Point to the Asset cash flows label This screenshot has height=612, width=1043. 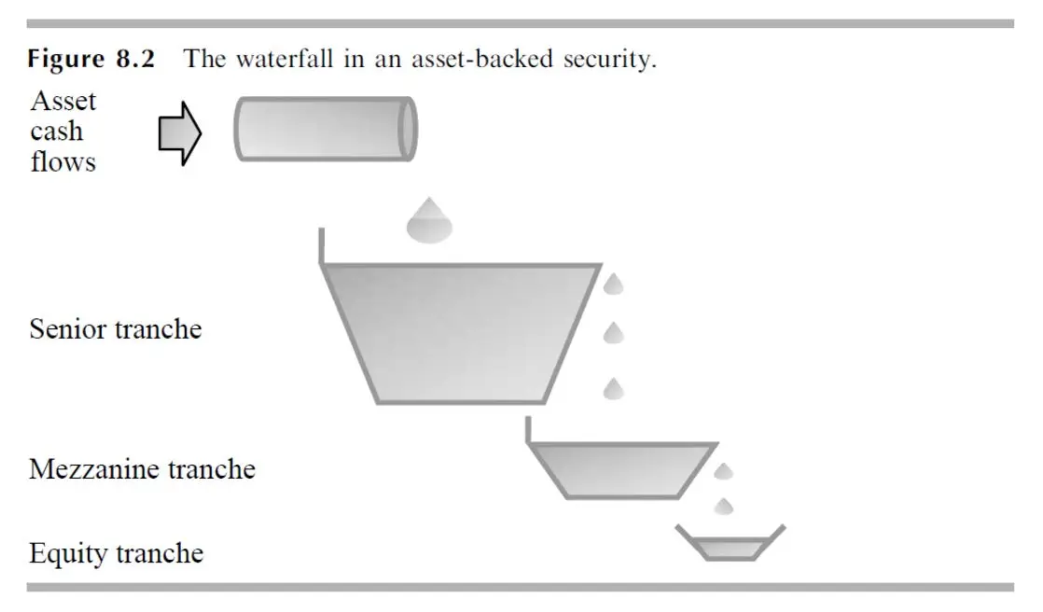tap(63, 131)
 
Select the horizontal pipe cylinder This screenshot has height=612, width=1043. tap(325, 129)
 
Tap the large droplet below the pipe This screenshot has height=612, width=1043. tap(429, 221)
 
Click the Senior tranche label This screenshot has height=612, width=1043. tap(115, 329)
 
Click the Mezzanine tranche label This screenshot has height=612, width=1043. tap(142, 468)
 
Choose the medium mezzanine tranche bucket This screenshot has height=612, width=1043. tap(621, 469)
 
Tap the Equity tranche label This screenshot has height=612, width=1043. tap(116, 553)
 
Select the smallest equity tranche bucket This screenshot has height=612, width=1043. tap(730, 546)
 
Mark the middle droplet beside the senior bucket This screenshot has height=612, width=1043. tap(614, 332)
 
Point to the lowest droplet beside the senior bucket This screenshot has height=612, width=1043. tap(614, 387)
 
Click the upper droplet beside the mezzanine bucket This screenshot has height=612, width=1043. tap(723, 471)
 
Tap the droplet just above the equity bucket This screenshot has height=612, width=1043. tap(723, 506)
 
